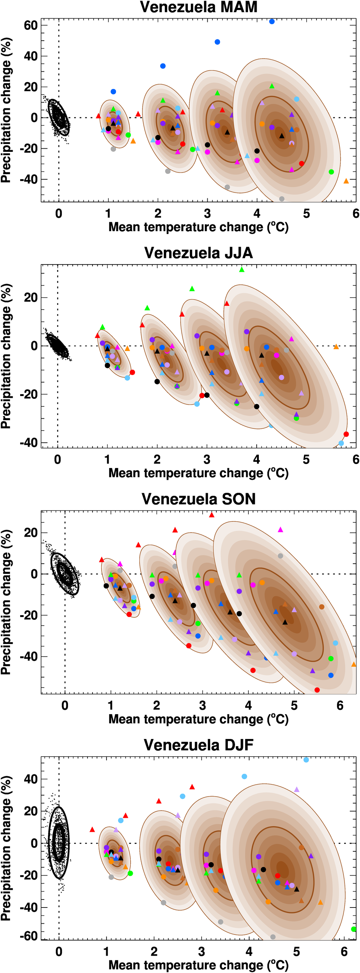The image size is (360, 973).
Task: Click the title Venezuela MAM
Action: [198, 7]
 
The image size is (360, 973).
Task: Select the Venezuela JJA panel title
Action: [198, 253]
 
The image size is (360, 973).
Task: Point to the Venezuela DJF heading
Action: [198, 745]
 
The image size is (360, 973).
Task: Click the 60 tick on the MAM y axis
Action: [31, 25]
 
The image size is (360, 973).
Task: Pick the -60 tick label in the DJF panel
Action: [29, 936]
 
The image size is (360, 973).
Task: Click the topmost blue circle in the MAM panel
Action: [271, 22]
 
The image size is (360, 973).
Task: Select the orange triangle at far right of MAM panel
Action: [346, 181]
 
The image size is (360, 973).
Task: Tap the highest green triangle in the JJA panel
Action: [242, 270]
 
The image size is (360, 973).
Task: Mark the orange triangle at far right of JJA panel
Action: [336, 347]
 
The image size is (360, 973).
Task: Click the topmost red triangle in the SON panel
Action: [212, 515]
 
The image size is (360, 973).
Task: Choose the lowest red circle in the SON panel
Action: [317, 690]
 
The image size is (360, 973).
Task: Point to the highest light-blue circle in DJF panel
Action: [306, 760]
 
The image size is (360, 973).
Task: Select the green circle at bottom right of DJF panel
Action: [354, 929]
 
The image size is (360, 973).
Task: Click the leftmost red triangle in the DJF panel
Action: [92, 829]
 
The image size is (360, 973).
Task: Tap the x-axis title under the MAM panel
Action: [198, 227]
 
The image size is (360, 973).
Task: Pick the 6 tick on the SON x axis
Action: [340, 705]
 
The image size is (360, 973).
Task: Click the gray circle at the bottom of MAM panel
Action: [282, 199]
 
